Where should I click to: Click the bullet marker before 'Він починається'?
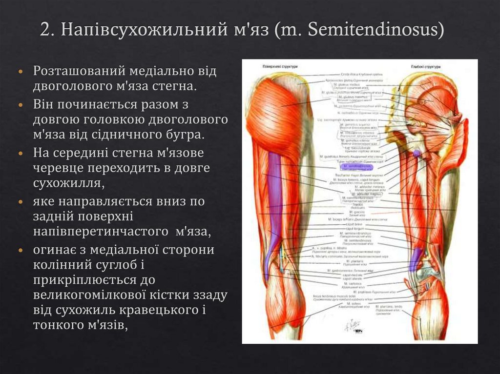(x=20, y=105)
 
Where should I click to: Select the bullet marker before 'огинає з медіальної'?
(x=20, y=250)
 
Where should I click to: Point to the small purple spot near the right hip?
(x=416, y=153)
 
